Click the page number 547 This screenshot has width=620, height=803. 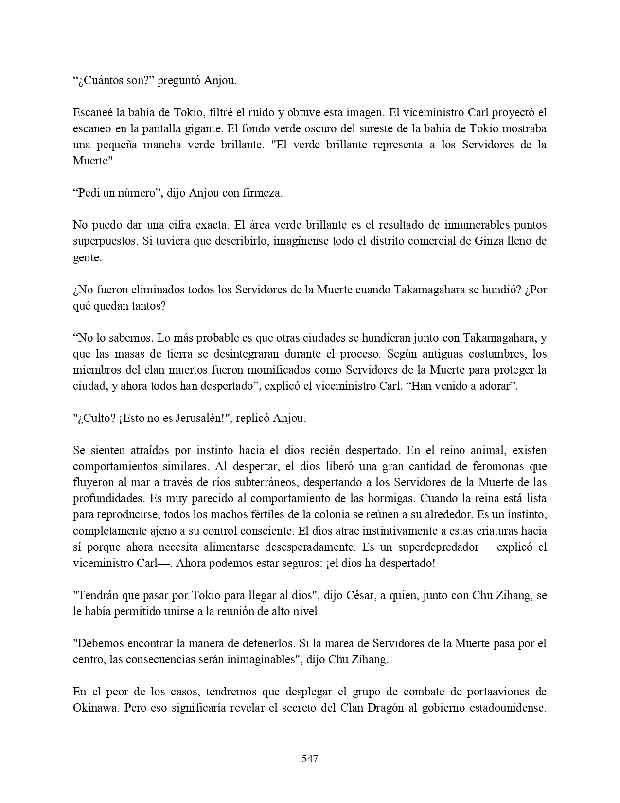(310, 758)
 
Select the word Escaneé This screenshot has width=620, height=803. (93, 112)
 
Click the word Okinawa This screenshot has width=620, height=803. (96, 708)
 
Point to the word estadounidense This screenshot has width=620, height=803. (508, 708)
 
